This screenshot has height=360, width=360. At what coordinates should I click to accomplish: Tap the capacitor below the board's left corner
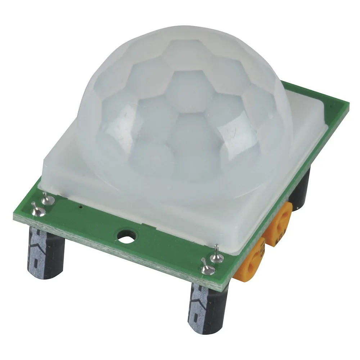(46, 252)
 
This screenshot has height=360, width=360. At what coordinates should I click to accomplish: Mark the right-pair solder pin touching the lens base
(216, 254)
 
